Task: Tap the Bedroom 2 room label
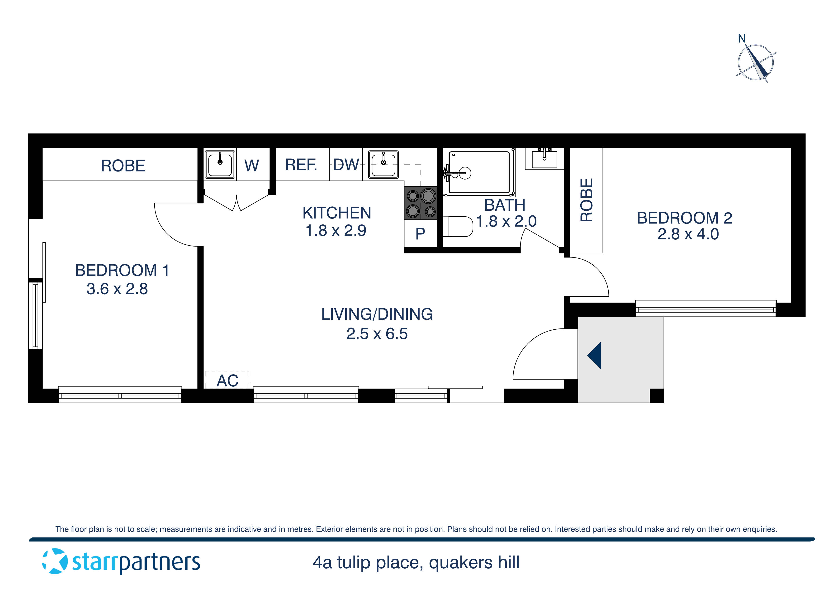(684, 218)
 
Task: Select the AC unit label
(227, 381)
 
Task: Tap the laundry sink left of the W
(220, 164)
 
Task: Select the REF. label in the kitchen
(301, 165)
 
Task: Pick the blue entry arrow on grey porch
(595, 355)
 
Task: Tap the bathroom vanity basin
(544, 159)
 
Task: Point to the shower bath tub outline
(479, 172)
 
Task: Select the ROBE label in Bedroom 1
(123, 166)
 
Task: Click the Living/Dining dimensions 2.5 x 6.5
(377, 333)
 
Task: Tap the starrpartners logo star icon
(55, 561)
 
